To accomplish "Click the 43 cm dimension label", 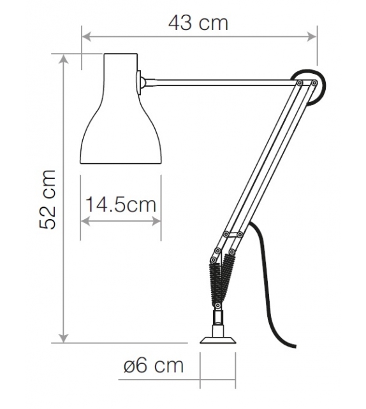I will pos(198,24).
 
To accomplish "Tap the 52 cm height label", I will pos(49,199).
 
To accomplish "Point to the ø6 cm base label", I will pos(153,366).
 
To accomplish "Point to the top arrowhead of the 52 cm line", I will pos(63,58).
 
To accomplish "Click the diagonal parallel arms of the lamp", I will pos(261,166).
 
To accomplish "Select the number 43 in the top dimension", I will pos(181,24).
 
